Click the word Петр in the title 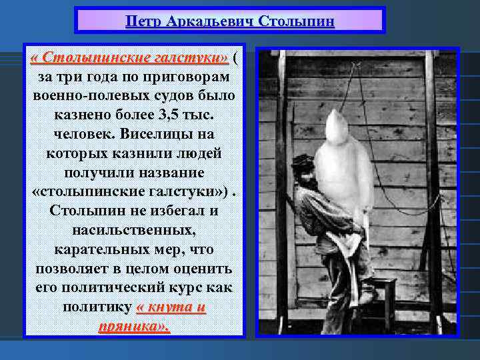(x=141, y=21)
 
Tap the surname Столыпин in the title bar (x=297, y=21)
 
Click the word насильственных (x=133, y=230)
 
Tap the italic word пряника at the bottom (x=131, y=327)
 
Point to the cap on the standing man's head (x=302, y=161)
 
